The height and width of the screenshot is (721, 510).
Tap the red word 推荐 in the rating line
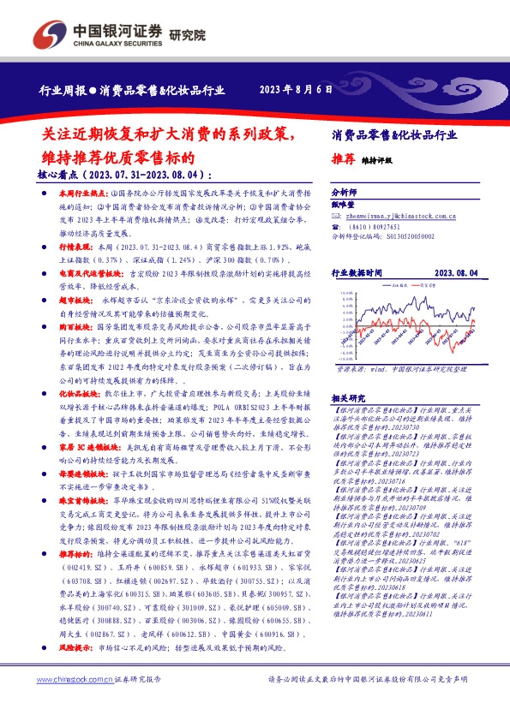click(343, 159)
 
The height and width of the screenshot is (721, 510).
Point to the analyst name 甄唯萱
click(343, 206)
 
